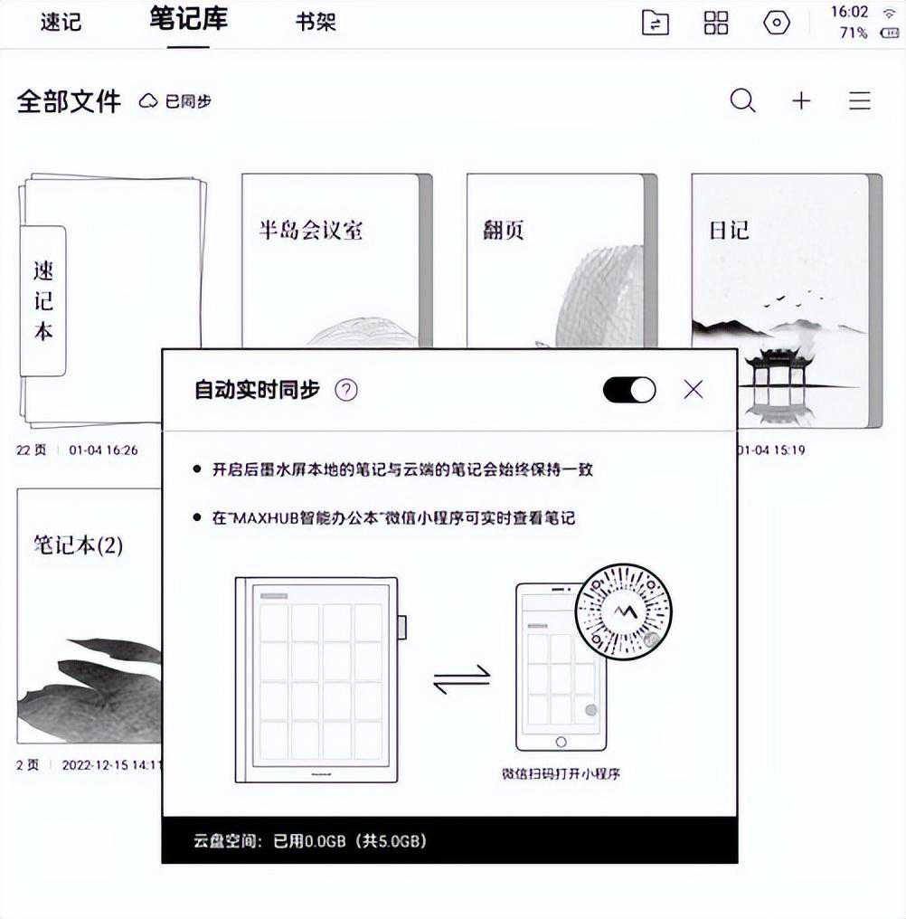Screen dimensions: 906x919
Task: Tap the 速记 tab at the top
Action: [61, 23]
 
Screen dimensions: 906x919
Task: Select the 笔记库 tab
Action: [188, 19]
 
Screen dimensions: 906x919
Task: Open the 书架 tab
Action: [316, 23]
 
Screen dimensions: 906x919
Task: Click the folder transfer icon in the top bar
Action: [656, 23]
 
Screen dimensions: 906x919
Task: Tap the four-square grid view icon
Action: [715, 23]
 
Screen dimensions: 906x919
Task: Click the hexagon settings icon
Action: [777, 23]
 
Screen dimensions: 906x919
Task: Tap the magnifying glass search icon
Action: [742, 100]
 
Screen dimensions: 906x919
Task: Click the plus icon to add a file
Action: [801, 100]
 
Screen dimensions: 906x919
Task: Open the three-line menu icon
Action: [860, 100]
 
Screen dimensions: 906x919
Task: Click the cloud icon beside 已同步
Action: [148, 100]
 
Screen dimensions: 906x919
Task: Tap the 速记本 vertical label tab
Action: [42, 300]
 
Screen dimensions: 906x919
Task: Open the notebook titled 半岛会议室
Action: [311, 230]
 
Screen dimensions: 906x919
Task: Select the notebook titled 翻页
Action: [504, 230]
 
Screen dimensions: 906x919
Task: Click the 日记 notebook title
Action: [729, 230]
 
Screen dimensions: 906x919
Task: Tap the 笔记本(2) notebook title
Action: [78, 545]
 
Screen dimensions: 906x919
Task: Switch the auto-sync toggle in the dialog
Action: [629, 390]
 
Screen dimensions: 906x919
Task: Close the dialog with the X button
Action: [694, 389]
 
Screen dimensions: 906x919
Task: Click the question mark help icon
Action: [345, 390]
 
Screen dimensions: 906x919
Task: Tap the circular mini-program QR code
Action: [624, 611]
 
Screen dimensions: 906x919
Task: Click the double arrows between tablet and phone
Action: [462, 678]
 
